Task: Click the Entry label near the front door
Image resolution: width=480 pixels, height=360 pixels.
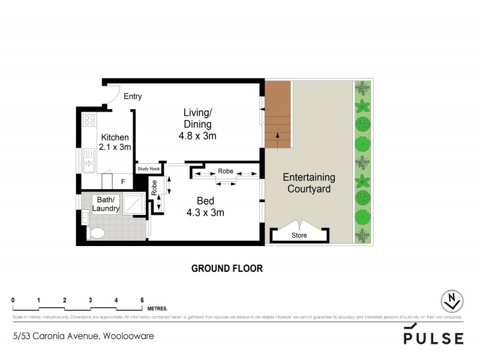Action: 133,96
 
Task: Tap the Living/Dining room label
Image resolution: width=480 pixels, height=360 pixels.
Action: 197,118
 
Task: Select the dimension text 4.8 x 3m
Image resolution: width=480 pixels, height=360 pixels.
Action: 197,136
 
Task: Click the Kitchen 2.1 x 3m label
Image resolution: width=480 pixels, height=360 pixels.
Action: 115,142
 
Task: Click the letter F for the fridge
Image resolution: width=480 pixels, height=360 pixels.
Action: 122,181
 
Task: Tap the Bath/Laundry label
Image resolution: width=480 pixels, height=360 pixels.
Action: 106,204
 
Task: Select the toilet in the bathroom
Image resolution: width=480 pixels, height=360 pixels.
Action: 97,233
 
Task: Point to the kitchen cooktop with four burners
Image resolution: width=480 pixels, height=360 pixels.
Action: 89,120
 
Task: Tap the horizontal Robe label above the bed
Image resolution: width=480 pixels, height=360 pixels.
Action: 225,170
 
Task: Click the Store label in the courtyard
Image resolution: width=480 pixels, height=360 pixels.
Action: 299,235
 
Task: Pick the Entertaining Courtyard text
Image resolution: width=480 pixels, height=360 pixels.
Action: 308,183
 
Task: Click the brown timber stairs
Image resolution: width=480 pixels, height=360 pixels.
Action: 278,114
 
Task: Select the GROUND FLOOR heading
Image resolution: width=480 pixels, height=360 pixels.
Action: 227,268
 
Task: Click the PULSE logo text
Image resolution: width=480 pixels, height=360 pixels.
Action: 433,337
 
